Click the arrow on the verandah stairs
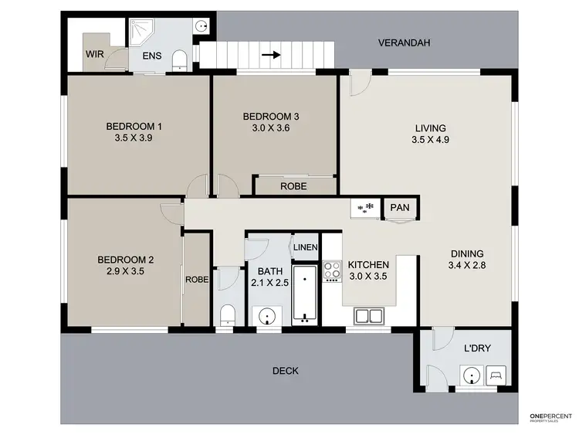click(271, 55)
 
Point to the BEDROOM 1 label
click(134, 126)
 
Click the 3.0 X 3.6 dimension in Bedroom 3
click(270, 129)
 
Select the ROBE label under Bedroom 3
click(293, 186)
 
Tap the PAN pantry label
click(400, 208)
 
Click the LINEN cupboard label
click(305, 246)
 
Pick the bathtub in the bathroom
click(305, 294)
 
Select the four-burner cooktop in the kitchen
click(332, 270)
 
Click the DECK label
click(285, 371)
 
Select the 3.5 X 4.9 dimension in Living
click(431, 141)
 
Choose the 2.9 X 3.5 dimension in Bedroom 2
click(121, 272)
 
